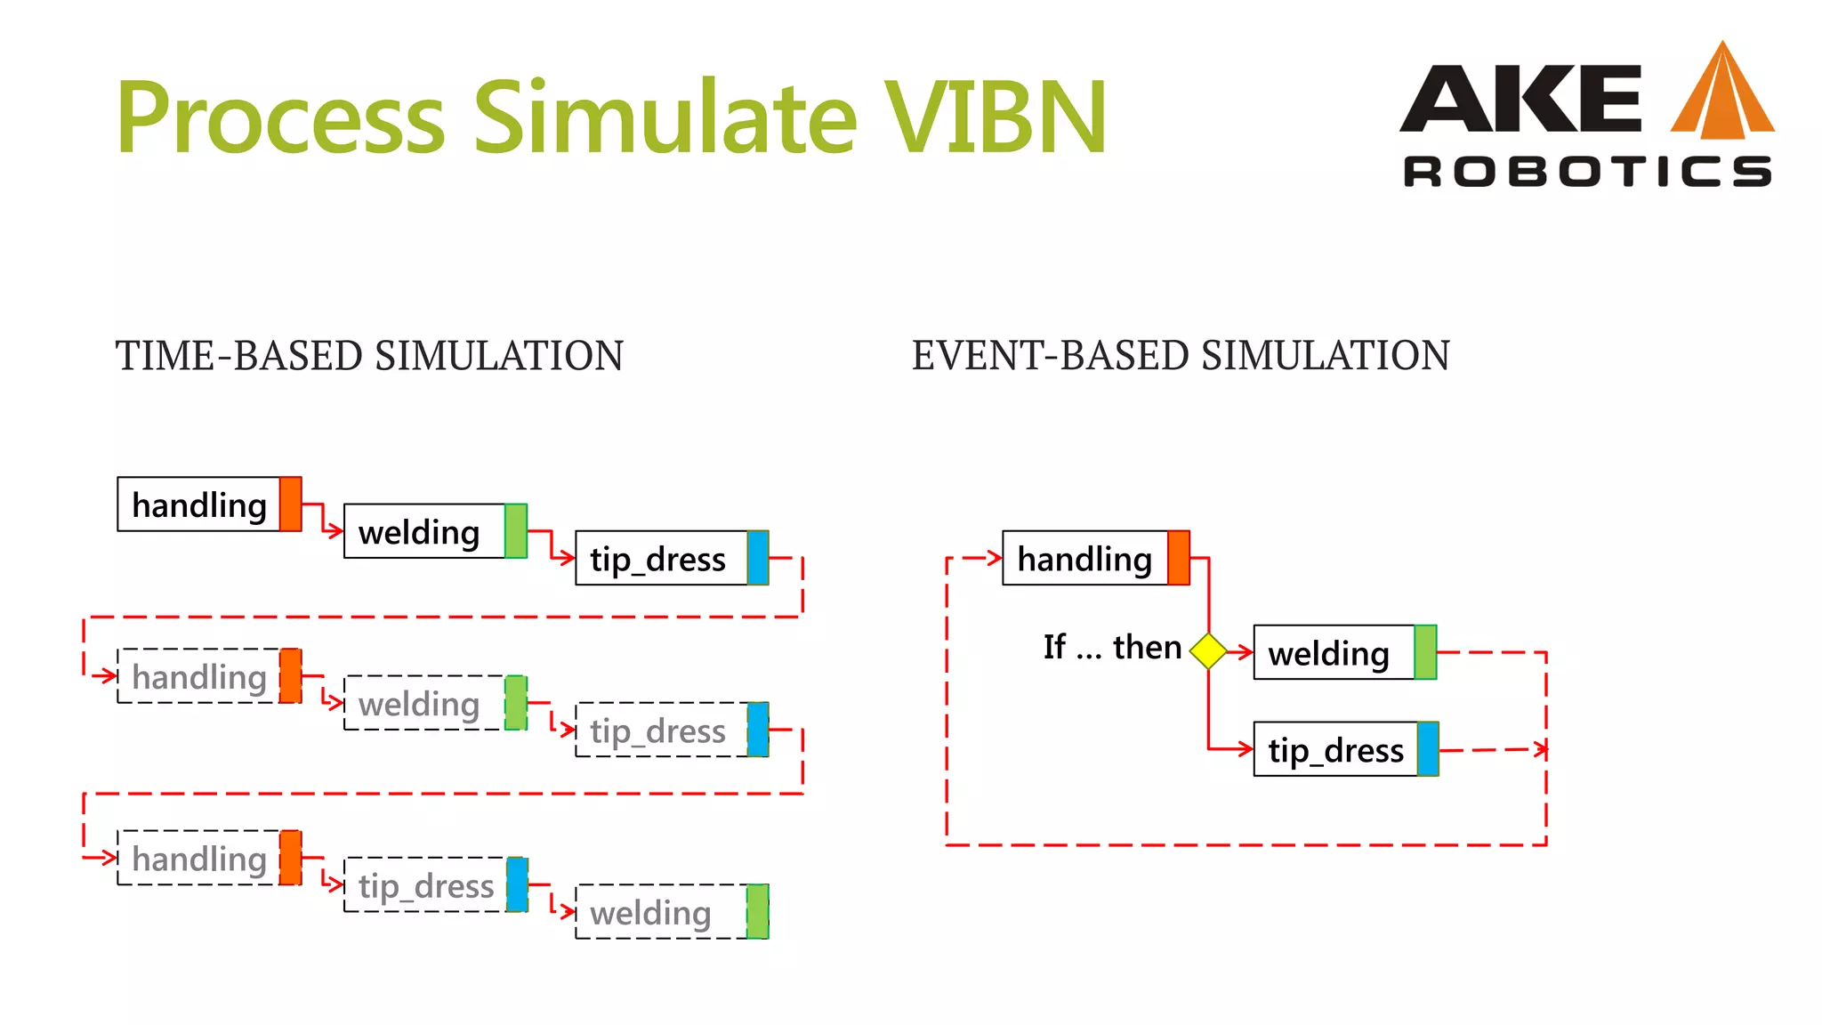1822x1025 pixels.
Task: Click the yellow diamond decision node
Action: [1208, 650]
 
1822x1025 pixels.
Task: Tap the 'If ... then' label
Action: [1112, 647]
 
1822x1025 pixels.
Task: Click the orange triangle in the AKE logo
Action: [1722, 93]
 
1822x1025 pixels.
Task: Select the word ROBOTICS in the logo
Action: [1587, 171]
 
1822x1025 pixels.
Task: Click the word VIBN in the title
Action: [995, 117]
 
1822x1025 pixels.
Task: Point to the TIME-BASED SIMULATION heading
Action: [369, 356]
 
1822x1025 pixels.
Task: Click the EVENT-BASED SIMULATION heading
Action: [1181, 356]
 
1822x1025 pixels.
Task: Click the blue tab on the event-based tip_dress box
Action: [1427, 749]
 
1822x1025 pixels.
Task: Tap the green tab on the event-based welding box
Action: [1424, 653]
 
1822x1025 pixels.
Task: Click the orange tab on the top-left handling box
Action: [290, 504]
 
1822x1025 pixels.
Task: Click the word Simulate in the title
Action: [665, 117]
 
